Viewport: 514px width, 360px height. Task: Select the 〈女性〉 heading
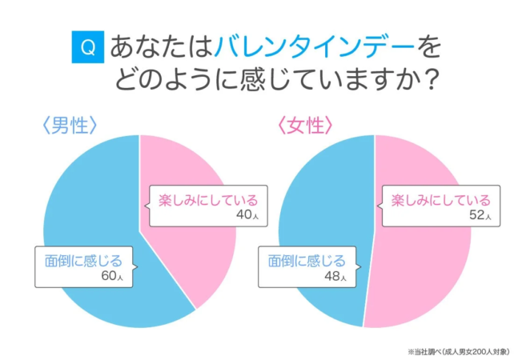[305, 125]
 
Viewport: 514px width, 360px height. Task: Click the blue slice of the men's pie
[88, 200]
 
